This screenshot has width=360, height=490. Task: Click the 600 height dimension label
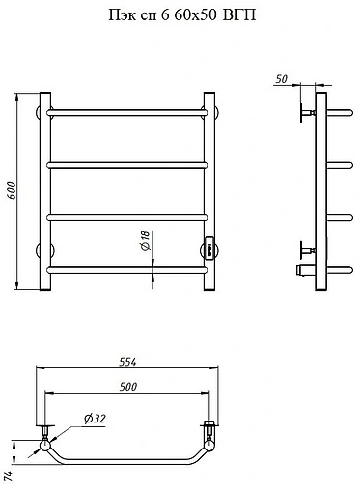[12, 191]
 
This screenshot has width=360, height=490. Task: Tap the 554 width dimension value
[127, 362]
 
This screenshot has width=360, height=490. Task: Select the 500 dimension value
[128, 387]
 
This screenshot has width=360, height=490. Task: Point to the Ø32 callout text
[95, 419]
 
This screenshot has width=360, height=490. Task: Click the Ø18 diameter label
[146, 240]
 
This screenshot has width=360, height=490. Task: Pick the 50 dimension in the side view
[281, 79]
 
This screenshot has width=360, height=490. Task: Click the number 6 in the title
[165, 14]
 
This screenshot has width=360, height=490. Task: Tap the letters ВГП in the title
[239, 14]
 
